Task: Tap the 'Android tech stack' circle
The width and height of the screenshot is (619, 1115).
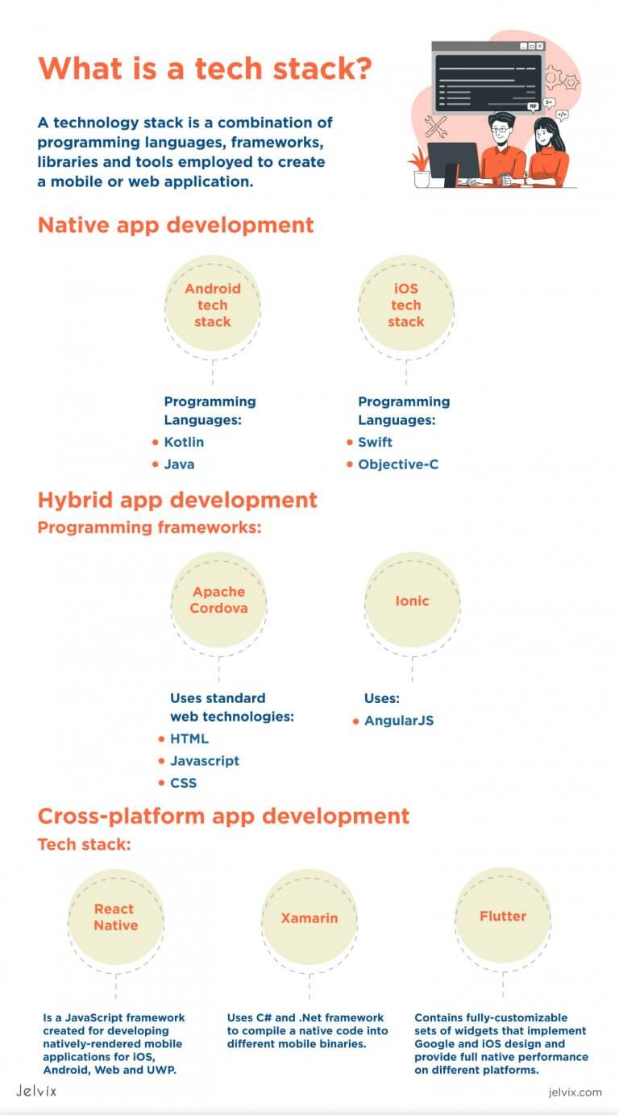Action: [x=212, y=306]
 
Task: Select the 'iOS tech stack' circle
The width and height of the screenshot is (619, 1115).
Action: [x=405, y=306]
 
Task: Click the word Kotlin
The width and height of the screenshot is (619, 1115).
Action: [x=184, y=442]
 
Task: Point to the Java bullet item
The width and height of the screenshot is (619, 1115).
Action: [x=179, y=464]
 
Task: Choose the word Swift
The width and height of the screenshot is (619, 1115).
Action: [x=375, y=442]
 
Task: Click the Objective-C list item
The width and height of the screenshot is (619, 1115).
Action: [x=398, y=464]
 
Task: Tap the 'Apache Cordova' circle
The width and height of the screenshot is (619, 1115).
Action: [x=218, y=600]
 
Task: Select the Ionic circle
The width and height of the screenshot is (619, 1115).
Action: [x=412, y=601]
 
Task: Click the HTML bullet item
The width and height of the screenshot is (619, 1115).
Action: [x=189, y=738]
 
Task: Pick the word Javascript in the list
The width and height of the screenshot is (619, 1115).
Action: [x=204, y=760]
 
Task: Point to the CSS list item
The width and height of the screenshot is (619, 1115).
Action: [x=183, y=783]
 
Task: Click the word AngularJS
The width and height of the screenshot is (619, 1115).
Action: [x=398, y=720]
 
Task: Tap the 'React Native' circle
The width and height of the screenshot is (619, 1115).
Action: [x=115, y=917]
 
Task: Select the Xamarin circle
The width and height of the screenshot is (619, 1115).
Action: [x=309, y=917]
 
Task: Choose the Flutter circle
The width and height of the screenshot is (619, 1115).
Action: [x=502, y=917]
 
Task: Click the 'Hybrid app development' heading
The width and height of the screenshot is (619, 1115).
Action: [x=177, y=500]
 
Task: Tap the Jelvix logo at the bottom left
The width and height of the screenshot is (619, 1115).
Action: [x=36, y=1091]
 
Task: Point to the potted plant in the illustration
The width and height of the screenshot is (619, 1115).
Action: [x=420, y=167]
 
